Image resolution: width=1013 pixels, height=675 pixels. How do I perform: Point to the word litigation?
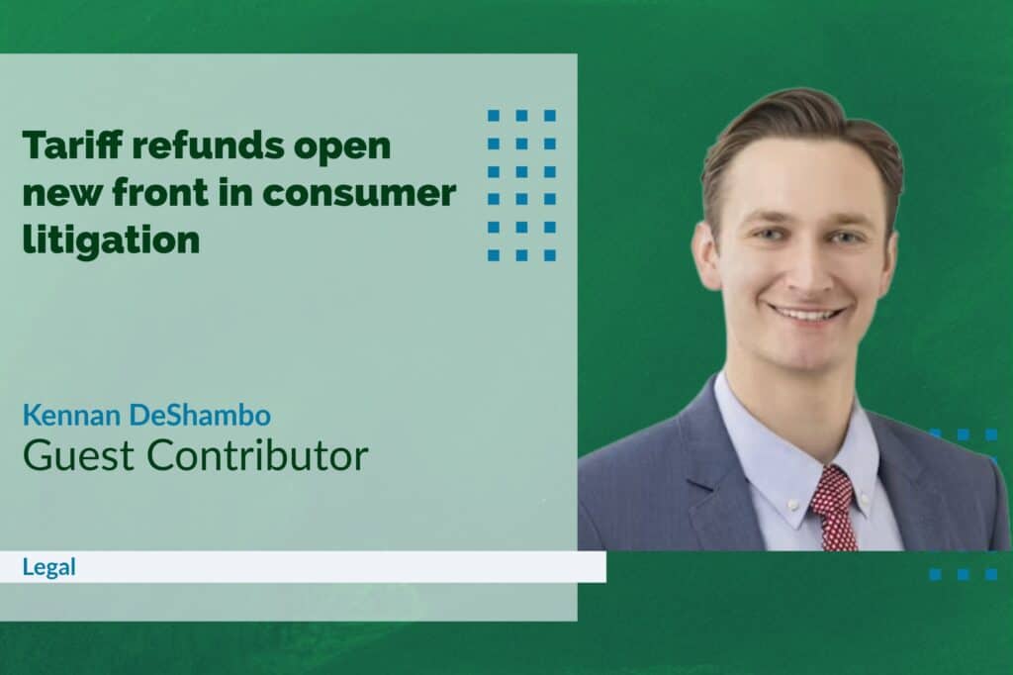tap(111, 241)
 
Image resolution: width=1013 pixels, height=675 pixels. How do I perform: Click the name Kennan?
tap(72, 415)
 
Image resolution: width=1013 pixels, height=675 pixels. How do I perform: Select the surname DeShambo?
tap(200, 415)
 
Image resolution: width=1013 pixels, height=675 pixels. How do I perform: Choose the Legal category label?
tap(49, 567)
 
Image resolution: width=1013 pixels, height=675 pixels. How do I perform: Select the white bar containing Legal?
tap(303, 567)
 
